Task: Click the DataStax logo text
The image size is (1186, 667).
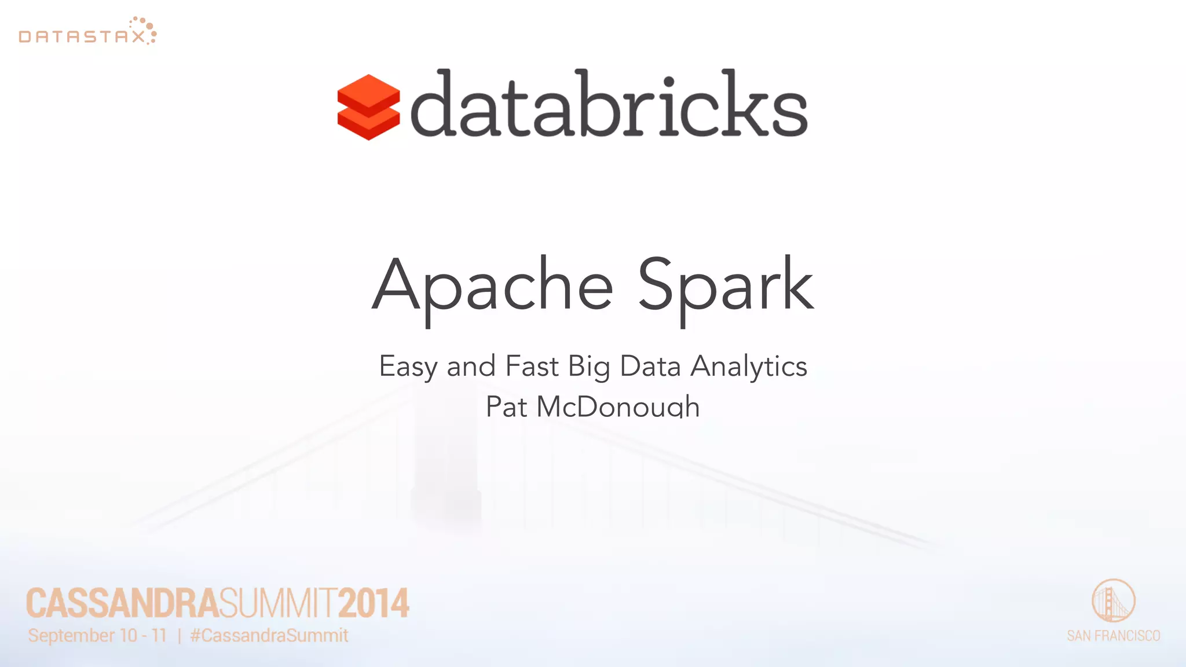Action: click(x=81, y=37)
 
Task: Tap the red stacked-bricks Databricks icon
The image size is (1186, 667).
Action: click(x=368, y=107)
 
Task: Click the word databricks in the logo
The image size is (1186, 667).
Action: click(x=609, y=104)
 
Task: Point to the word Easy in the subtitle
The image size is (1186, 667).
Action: click(x=408, y=367)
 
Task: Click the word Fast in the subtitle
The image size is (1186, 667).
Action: click(x=532, y=367)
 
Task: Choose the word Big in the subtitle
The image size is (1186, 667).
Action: click(x=588, y=367)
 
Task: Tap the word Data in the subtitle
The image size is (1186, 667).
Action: click(x=650, y=367)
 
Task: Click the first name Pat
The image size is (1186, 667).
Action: click(x=506, y=406)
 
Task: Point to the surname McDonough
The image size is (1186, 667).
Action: click(x=618, y=406)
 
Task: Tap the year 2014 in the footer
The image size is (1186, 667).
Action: click(x=374, y=603)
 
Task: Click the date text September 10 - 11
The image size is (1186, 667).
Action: click(x=97, y=636)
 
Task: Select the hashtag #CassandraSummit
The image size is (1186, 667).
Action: click(x=269, y=636)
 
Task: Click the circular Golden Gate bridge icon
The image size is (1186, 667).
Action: click(x=1113, y=600)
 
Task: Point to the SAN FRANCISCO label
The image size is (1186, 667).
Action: click(x=1113, y=636)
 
